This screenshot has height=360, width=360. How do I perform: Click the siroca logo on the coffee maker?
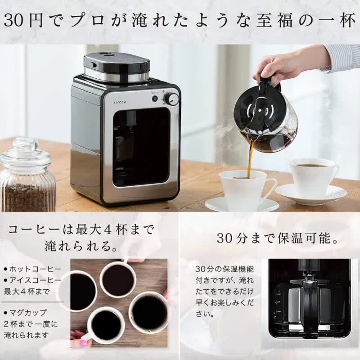(120, 102)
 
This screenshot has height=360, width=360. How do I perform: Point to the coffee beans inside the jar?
(27, 197)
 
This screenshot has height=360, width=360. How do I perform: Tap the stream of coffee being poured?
(250, 158)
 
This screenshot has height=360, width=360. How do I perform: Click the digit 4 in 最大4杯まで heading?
(108, 230)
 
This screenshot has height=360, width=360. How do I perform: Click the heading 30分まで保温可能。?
(278, 238)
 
